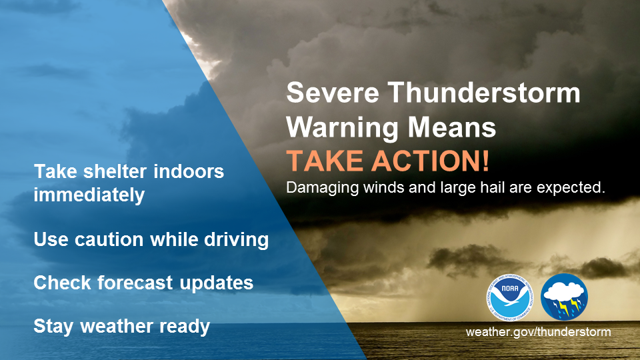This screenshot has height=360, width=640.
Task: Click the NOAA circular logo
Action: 510,297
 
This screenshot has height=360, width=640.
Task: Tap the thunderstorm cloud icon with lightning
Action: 565,297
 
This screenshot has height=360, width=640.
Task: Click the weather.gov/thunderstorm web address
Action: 539,331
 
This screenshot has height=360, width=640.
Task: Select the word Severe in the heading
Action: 333,93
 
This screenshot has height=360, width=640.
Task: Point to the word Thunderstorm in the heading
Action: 484,93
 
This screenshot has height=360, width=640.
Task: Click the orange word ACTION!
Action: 430,161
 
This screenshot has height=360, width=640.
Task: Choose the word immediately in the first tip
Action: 89,195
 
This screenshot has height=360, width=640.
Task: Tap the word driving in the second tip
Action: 236,239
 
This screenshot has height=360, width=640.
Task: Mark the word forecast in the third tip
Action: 135,283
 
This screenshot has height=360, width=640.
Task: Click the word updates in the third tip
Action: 216,283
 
